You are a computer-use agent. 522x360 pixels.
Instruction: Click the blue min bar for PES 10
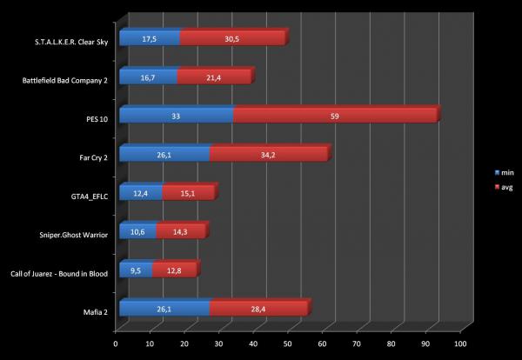176,116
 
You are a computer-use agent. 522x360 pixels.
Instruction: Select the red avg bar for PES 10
335,116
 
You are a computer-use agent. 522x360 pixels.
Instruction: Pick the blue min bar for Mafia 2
164,308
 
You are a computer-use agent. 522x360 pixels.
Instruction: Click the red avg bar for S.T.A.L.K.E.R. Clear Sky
232,38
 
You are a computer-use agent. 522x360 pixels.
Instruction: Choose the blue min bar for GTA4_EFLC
140,192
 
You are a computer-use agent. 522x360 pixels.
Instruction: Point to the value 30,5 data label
233,38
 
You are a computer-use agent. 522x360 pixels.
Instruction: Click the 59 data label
335,116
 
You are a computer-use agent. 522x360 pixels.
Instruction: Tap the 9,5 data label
135,270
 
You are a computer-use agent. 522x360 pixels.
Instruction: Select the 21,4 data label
213,77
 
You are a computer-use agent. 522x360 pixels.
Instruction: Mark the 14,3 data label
181,231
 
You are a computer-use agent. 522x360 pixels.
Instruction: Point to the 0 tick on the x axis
116,343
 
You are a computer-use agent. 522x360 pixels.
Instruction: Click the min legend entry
504,173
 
